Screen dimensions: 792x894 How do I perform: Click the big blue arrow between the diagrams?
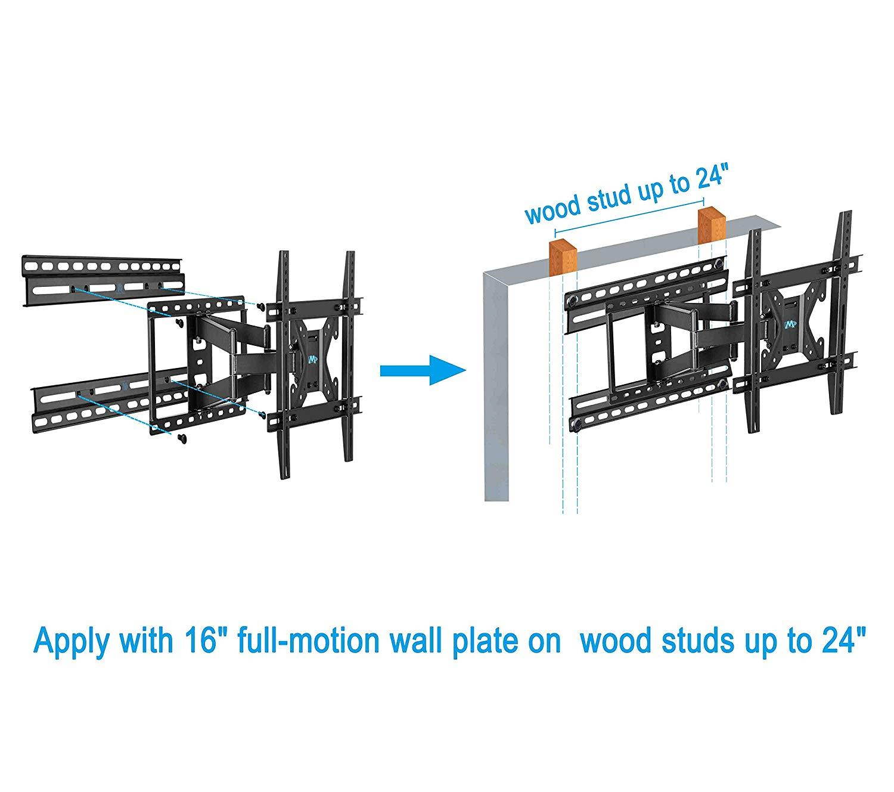(421, 371)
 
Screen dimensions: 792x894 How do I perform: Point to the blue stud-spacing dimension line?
(629, 217)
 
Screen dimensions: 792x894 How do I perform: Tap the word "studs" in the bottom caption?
(682, 641)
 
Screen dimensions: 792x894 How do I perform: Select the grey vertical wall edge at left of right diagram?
(496, 388)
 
